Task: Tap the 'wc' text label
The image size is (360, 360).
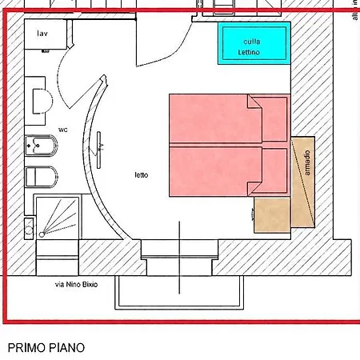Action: coord(63,130)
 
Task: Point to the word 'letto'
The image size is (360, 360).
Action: coord(141,174)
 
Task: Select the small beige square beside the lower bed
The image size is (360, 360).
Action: coord(272,215)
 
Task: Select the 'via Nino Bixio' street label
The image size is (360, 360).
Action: coord(76,285)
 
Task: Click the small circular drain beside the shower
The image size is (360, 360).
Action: coord(29,228)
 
